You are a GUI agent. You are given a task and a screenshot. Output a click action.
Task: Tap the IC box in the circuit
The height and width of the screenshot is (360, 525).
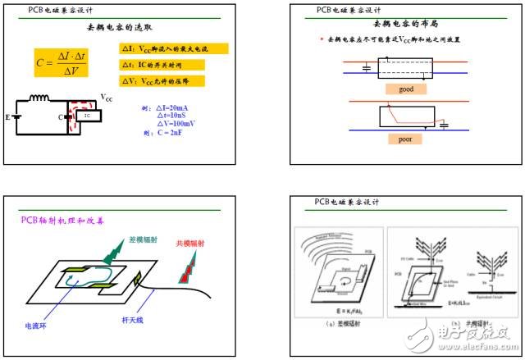point(87,116)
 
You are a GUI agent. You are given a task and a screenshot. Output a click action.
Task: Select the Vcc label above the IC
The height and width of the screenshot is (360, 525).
point(107,98)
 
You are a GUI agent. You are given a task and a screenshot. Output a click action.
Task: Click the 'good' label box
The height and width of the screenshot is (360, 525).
point(406,89)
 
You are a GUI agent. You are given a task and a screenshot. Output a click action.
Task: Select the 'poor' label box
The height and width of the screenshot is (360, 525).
point(405,139)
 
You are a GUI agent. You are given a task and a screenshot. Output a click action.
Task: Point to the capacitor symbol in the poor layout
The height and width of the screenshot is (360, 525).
point(443,123)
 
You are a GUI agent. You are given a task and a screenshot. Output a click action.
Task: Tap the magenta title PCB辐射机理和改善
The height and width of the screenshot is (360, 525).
point(56,220)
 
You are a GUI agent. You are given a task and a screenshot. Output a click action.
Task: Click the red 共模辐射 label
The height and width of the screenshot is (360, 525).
point(191,244)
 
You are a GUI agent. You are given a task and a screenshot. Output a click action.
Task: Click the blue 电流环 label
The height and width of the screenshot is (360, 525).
point(39,324)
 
